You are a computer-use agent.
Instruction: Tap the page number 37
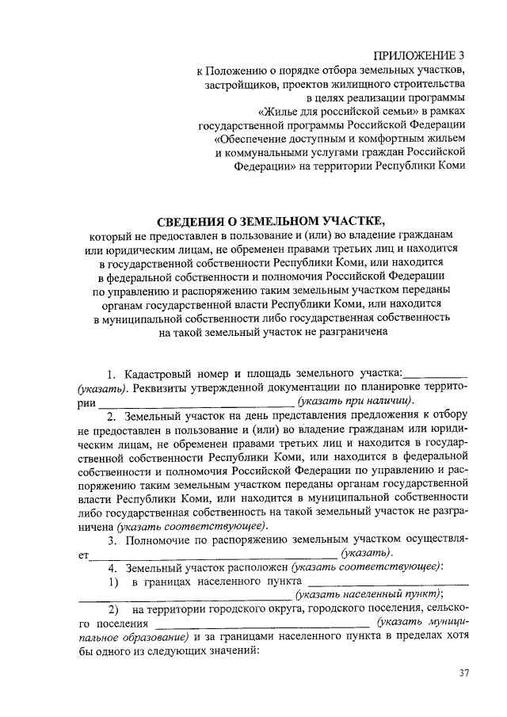[463, 673]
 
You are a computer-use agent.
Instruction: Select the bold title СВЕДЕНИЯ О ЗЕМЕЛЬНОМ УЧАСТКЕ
[270, 219]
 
